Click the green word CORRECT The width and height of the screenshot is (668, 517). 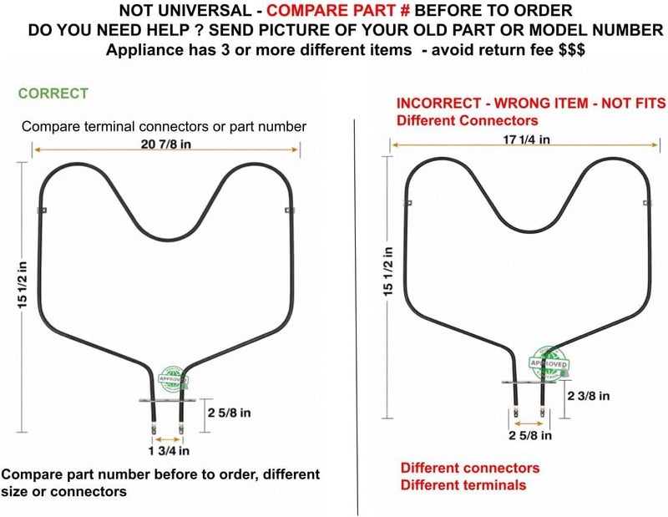coord(53,94)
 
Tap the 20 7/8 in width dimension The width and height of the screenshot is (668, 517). coord(165,144)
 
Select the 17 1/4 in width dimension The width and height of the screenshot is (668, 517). coord(527,139)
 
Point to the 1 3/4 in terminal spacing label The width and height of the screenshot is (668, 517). coord(169,450)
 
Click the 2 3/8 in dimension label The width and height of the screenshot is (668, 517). coord(589,396)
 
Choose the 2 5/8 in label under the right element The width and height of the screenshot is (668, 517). coord(530,435)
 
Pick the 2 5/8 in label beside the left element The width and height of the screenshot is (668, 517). coord(229,413)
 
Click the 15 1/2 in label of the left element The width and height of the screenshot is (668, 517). coord(22,285)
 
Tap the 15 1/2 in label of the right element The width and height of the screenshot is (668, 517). coord(387,271)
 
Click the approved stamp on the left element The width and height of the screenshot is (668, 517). coord(173,379)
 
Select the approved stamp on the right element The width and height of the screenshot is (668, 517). coord(549,363)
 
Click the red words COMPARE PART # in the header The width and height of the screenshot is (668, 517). coord(338,10)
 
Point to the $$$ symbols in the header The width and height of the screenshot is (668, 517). coord(572,50)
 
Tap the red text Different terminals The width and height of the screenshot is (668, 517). coord(463,485)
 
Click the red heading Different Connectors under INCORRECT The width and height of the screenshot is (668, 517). coord(467,120)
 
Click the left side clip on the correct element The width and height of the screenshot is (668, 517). coord(42,210)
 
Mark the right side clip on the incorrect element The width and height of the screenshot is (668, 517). coord(648,203)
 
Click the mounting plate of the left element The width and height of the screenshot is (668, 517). coord(168,400)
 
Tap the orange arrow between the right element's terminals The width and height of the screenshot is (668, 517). coord(529,423)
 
